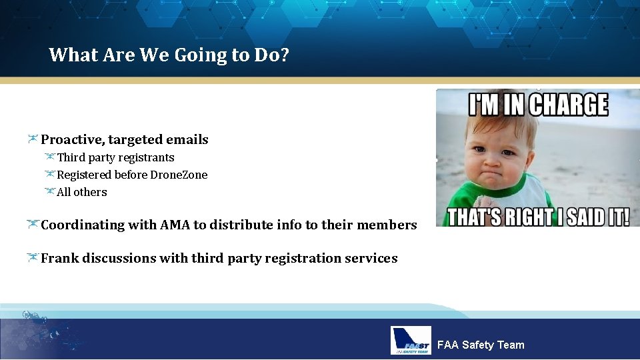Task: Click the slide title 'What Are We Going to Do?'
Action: pos(169,55)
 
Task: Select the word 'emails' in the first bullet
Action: pos(187,140)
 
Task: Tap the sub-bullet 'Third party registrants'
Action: pos(115,158)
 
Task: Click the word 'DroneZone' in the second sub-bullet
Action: pos(181,175)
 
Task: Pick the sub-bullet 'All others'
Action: pos(81,193)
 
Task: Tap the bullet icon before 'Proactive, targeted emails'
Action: pos(32,139)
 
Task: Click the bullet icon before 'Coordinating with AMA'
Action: pos(32,225)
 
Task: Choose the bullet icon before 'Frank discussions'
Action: pos(32,258)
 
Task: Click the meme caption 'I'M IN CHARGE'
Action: pos(537,106)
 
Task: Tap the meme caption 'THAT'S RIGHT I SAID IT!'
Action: pos(537,217)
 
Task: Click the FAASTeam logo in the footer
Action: pos(411,341)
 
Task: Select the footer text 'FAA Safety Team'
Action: pos(480,345)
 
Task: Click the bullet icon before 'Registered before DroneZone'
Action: pos(49,175)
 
